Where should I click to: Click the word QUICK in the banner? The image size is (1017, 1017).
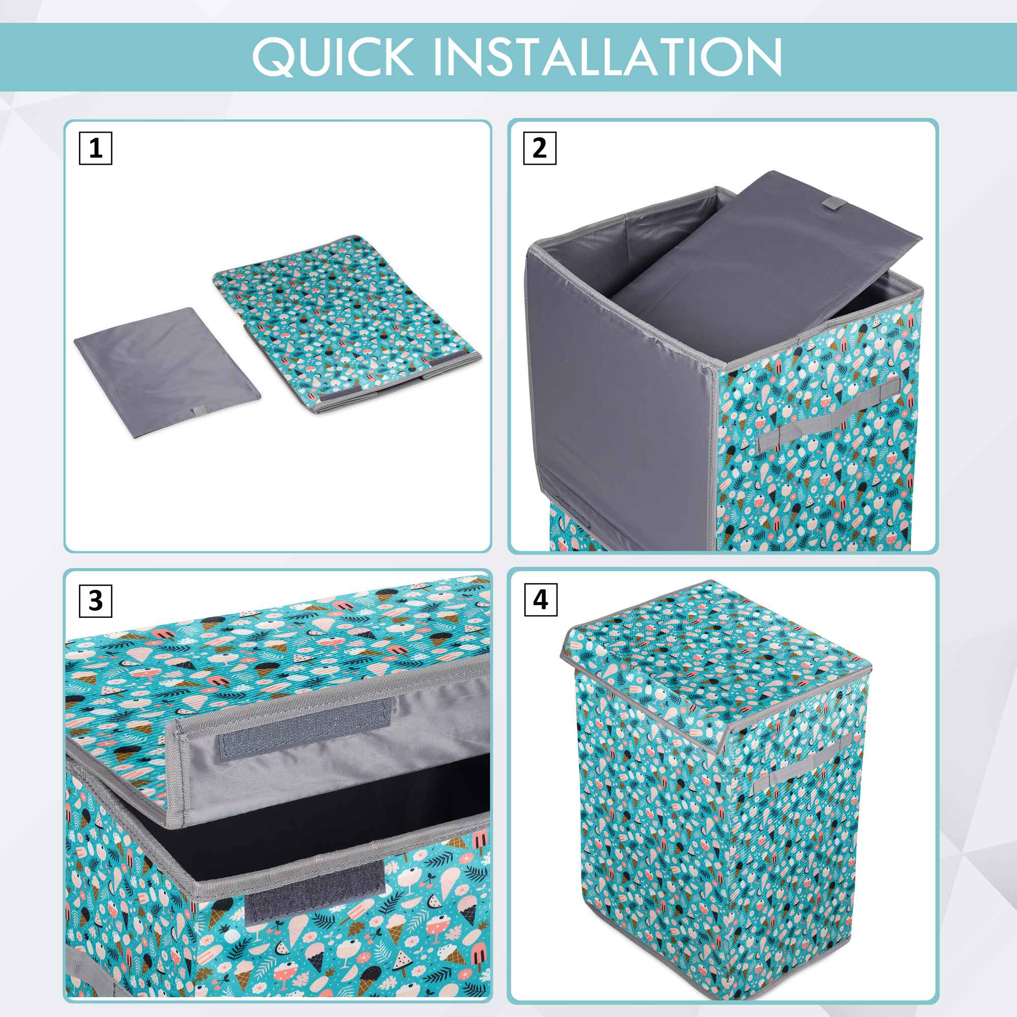point(332,56)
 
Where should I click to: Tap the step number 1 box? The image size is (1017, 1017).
point(95,148)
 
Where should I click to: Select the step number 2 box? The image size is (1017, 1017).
point(540,148)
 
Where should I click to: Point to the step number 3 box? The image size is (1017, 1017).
point(95,600)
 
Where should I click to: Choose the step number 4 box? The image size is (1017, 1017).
point(541,600)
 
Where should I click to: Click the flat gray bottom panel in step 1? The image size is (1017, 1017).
point(167,373)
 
